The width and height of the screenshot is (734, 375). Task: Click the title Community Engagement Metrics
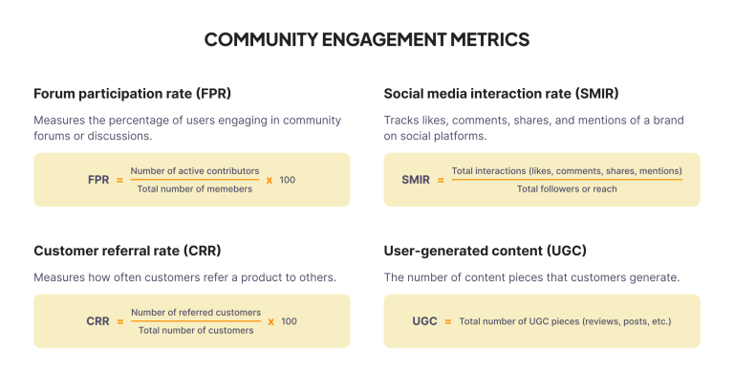click(367, 40)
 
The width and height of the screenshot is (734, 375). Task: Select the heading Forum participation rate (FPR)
click(132, 94)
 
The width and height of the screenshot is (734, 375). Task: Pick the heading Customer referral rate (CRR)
click(127, 251)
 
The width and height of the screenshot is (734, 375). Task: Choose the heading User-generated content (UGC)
click(485, 251)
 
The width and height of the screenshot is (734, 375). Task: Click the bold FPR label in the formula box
click(97, 180)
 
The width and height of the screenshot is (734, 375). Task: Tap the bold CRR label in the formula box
click(97, 321)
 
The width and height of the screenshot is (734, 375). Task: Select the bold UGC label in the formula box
click(421, 321)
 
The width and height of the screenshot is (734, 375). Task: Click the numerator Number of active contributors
click(195, 170)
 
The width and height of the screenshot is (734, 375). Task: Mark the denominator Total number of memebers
click(195, 189)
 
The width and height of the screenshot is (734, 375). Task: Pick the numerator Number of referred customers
click(196, 312)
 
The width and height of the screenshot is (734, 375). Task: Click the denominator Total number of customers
click(196, 331)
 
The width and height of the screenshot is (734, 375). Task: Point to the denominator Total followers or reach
click(567, 189)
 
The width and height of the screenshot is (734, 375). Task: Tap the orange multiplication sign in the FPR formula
click(270, 180)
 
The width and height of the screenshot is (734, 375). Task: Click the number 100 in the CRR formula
click(289, 321)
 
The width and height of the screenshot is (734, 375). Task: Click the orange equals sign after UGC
click(445, 321)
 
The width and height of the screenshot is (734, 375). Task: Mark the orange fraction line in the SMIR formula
click(567, 179)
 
